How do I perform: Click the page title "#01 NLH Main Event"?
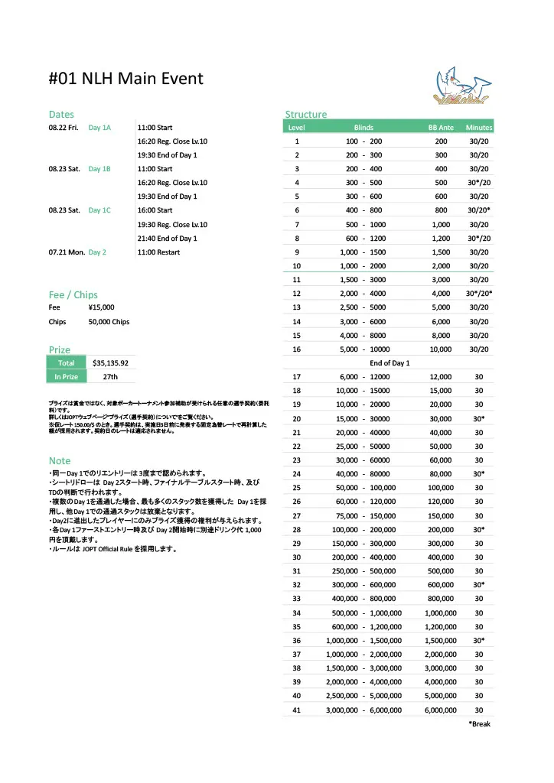[126, 79]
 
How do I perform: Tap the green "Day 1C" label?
[99, 210]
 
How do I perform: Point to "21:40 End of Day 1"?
[167, 239]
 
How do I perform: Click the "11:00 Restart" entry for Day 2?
[158, 252]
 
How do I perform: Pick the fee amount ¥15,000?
[102, 307]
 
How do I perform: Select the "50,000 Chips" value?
[109, 322]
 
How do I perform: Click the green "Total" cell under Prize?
[66, 363]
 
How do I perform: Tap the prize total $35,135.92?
[109, 363]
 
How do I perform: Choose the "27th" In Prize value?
[109, 377]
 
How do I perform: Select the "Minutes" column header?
[479, 128]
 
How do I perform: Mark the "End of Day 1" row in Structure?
[389, 363]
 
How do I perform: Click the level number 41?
[297, 710]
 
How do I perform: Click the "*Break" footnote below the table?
[479, 724]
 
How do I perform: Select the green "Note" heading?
[60, 460]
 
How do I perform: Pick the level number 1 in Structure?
[297, 141]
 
